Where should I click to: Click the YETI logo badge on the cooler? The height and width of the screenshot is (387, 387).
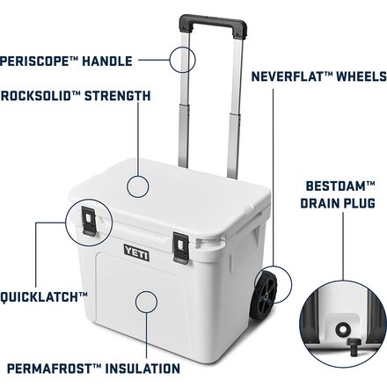point(136,252)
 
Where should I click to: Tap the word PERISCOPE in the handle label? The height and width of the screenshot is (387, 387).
point(34,62)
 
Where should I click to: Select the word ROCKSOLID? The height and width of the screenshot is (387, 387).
point(36,96)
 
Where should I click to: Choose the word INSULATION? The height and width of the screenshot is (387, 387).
point(142,369)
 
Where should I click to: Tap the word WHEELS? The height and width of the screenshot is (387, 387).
point(361,77)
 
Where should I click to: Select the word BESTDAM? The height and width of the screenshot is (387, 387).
point(336,186)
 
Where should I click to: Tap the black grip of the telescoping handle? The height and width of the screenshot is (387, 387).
point(213,26)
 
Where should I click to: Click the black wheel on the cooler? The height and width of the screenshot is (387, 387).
point(264,296)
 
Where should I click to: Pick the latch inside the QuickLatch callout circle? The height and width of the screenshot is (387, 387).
point(89,221)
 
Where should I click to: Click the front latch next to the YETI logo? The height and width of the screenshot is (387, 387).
point(180,248)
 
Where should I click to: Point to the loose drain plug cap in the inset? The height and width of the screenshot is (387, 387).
point(352,346)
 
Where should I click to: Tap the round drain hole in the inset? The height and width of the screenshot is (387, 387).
point(342,329)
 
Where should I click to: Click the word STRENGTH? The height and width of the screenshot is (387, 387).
point(118,96)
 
